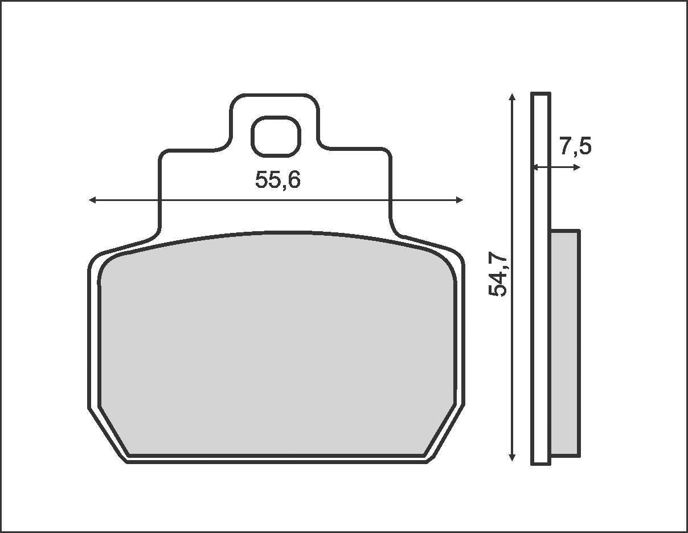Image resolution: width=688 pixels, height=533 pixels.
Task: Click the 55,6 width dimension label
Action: click(x=278, y=180)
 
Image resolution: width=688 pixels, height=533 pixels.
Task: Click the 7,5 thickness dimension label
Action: click(x=576, y=146)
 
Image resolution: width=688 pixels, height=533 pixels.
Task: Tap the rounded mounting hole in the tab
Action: click(x=276, y=137)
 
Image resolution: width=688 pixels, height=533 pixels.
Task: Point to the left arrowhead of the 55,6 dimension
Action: click(x=92, y=200)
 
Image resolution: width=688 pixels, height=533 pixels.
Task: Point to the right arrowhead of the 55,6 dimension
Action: click(x=459, y=200)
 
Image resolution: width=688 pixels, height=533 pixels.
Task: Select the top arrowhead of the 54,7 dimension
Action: click(x=512, y=97)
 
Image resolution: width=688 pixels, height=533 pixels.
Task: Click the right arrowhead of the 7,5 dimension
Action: click(x=577, y=167)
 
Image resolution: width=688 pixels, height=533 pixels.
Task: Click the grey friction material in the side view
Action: click(x=566, y=343)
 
